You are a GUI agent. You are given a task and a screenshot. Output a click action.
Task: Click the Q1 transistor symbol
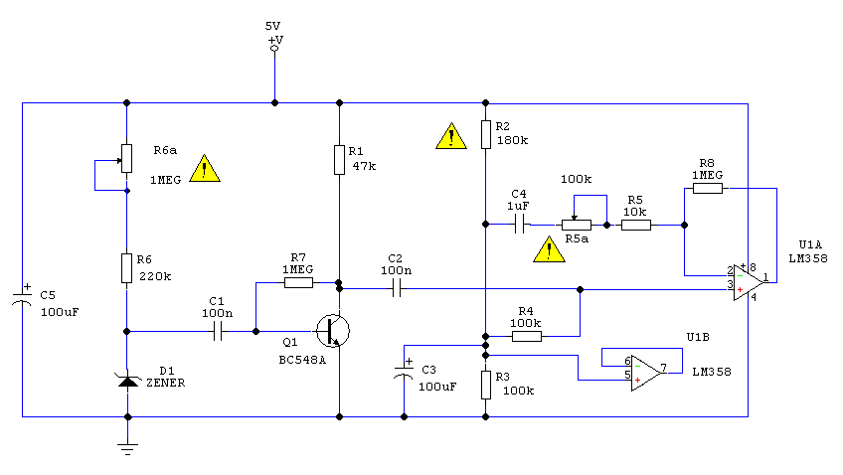(333, 331)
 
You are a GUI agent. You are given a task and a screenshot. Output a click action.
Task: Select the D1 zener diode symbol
(128, 381)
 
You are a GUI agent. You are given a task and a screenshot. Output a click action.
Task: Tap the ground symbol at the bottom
(127, 449)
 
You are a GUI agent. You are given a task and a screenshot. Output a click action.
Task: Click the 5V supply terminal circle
(274, 49)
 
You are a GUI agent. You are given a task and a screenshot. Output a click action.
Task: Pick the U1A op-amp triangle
(749, 282)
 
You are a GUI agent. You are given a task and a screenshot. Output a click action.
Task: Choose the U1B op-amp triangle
(646, 373)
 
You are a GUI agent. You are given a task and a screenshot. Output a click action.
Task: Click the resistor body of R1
(339, 160)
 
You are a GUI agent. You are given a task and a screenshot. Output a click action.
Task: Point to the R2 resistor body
(485, 134)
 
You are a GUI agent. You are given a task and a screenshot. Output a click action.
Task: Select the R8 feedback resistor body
(708, 188)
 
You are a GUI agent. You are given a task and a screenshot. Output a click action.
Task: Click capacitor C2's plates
(397, 290)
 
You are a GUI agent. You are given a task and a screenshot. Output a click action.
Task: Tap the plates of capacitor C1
(218, 332)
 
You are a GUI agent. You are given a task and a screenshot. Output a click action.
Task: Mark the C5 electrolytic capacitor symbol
(22, 299)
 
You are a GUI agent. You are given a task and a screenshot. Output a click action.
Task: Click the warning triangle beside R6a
(205, 169)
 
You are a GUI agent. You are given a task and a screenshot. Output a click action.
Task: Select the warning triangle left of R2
(451, 135)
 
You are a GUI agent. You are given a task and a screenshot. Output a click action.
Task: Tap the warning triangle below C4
(549, 249)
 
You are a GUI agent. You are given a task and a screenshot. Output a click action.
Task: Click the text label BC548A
(302, 360)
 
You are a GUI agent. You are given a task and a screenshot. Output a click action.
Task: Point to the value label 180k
(512, 141)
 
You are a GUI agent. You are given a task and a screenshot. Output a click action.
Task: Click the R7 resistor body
(298, 282)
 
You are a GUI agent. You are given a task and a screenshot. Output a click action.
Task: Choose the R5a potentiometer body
(577, 226)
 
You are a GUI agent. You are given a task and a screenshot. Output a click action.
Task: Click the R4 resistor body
(526, 336)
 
